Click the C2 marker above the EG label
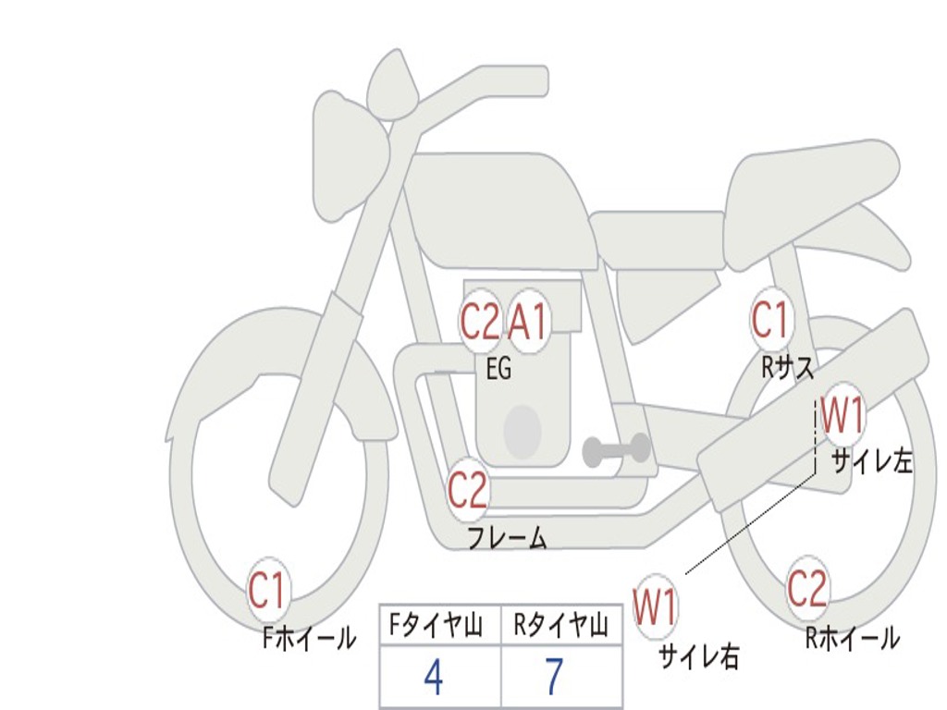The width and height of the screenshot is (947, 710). (480, 323)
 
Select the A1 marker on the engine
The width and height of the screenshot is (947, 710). (529, 323)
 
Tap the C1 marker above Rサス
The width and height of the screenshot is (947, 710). (769, 320)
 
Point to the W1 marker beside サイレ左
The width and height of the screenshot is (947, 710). (842, 416)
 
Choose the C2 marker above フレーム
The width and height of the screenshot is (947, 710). (468, 490)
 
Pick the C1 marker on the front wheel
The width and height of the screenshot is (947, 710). (268, 590)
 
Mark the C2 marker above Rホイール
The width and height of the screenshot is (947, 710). (807, 588)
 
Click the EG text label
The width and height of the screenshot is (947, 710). (498, 370)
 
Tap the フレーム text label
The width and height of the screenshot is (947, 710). (507, 538)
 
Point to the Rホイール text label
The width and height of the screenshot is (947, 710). (852, 638)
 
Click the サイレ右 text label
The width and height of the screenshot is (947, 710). (698, 656)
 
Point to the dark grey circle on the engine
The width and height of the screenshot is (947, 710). (523, 431)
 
